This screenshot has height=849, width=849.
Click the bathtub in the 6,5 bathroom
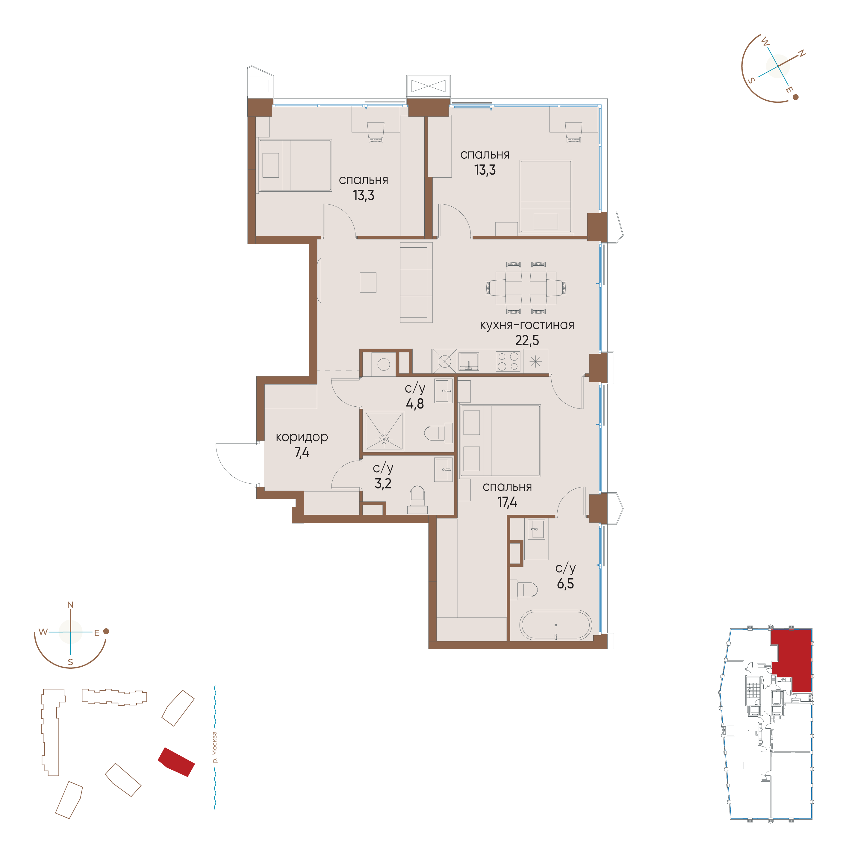(556, 625)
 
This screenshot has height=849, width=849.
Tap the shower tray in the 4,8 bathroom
(384, 431)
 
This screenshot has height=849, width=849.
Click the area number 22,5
(527, 340)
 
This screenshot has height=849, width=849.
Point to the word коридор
(302, 437)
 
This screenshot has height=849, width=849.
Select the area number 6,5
(566, 584)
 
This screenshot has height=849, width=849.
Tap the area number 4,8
(415, 404)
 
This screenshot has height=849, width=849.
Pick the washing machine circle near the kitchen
(384, 365)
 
